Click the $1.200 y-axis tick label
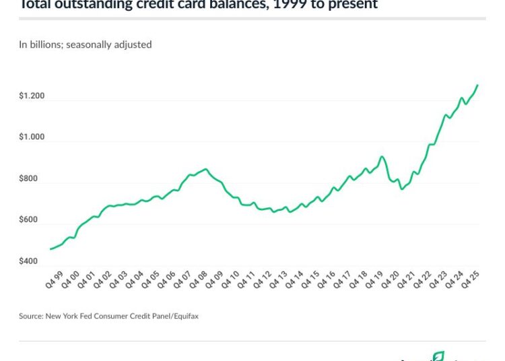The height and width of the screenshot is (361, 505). (x=32, y=96)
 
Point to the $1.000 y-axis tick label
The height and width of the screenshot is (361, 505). (x=32, y=137)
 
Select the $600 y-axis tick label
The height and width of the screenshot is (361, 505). (x=29, y=220)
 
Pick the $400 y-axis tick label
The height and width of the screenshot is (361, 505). (x=29, y=261)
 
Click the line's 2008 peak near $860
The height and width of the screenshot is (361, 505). (x=205, y=169)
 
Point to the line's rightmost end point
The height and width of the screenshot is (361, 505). (x=477, y=85)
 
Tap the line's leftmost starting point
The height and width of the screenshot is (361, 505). (x=50, y=249)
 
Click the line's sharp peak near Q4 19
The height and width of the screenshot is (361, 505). (x=382, y=157)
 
